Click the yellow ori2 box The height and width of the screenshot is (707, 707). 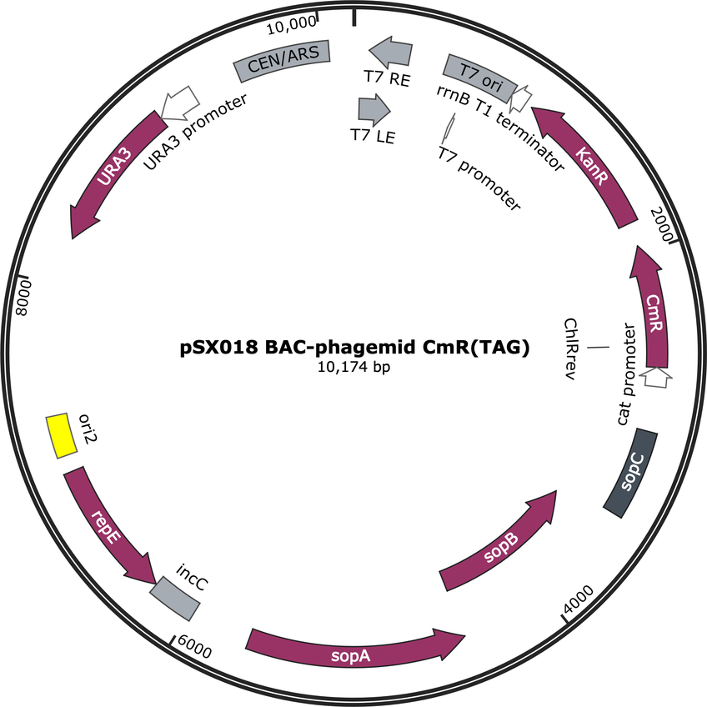62,435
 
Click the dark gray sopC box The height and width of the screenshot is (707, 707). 631,473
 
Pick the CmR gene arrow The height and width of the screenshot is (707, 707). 654,311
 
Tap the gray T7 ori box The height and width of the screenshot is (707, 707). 479,78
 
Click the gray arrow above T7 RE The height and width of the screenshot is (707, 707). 392,52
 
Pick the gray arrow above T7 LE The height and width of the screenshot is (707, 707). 374,109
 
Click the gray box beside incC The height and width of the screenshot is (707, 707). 175,599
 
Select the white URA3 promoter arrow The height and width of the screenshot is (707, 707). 180,103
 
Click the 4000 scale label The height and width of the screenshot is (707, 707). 579,599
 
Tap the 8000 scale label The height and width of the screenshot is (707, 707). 23,298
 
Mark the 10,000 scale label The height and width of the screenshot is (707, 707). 292,25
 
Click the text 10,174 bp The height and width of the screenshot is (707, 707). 354,367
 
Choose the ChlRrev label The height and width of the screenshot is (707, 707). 571,349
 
